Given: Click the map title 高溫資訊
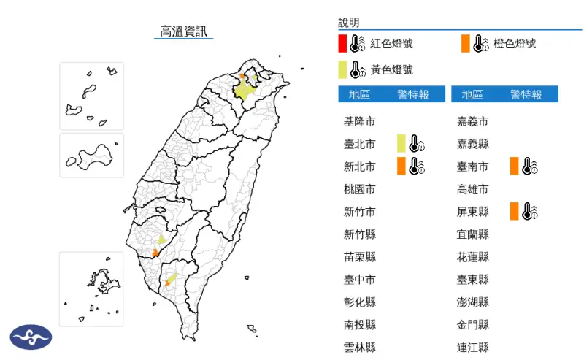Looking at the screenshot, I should [x=183, y=31].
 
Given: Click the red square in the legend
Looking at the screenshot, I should [x=342, y=43].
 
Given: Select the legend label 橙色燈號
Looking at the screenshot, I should [x=515, y=43].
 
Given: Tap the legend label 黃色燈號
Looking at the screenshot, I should [x=392, y=70].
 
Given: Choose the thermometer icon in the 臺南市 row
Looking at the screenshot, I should [x=530, y=166].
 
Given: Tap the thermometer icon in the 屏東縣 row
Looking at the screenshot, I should [x=530, y=212].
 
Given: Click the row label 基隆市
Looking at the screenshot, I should [x=360, y=121].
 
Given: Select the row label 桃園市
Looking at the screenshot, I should [x=360, y=189].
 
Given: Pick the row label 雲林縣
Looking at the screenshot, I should [x=360, y=348].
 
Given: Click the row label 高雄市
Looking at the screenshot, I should [x=472, y=189].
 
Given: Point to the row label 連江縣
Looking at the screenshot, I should [x=472, y=348].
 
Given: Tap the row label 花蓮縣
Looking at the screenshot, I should [x=472, y=257].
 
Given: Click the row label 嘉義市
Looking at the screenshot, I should [x=472, y=121].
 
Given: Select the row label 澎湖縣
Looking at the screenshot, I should [x=472, y=302].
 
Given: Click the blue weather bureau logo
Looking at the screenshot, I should [x=31, y=337].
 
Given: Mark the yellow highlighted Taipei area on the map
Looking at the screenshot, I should [x=244, y=91].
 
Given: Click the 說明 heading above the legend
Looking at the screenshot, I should [x=349, y=23].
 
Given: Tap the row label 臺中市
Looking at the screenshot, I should [x=360, y=280].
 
